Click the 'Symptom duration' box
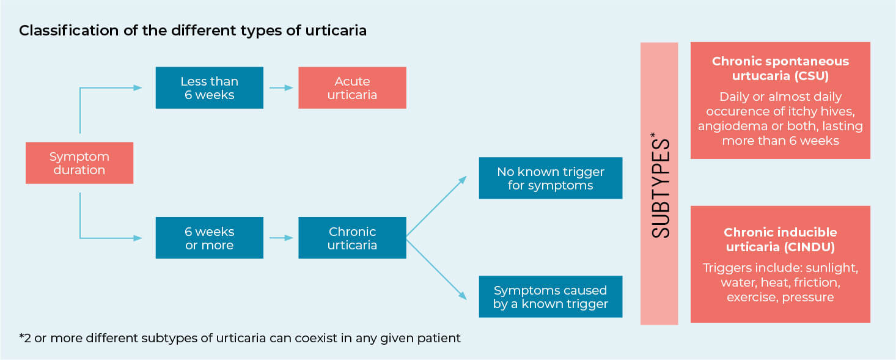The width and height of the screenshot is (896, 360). [79, 163]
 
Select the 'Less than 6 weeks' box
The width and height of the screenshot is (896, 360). [209, 87]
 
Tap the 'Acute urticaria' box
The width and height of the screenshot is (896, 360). [352, 87]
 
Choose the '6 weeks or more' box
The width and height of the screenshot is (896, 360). [209, 238]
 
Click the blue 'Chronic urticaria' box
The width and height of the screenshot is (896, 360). [352, 238]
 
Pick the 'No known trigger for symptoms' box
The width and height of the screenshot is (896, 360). [551, 178]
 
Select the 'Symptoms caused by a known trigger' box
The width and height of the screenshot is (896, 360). [551, 296]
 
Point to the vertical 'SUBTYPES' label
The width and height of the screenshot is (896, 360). [661, 188]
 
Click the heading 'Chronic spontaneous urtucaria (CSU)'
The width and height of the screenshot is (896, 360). [780, 68]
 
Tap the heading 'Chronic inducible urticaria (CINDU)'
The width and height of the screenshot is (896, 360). [780, 239]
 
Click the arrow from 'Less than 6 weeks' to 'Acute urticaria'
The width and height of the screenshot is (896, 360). [281, 87]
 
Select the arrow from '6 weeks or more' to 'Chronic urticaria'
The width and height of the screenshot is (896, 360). [281, 238]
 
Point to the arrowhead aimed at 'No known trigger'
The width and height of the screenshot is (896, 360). [463, 180]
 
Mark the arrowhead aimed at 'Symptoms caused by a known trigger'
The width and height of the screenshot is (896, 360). [463, 295]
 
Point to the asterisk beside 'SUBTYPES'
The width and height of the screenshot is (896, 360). [653, 135]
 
